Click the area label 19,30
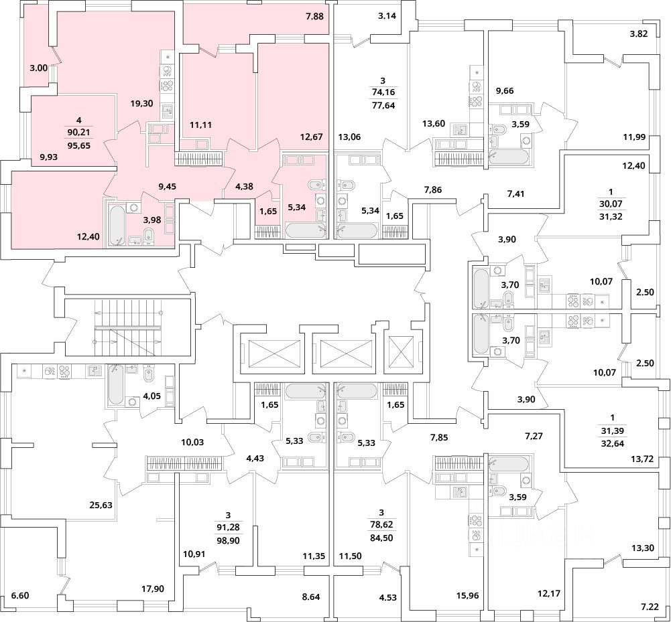click(141, 103)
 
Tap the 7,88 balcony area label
click(314, 17)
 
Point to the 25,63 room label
click(101, 505)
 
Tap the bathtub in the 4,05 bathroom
click(116, 384)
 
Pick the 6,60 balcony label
click(21, 595)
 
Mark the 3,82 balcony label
click(638, 34)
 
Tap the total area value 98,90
click(229, 540)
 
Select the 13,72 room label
click(642, 459)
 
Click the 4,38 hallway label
click(245, 186)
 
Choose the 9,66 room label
click(505, 90)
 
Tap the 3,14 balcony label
click(387, 16)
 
